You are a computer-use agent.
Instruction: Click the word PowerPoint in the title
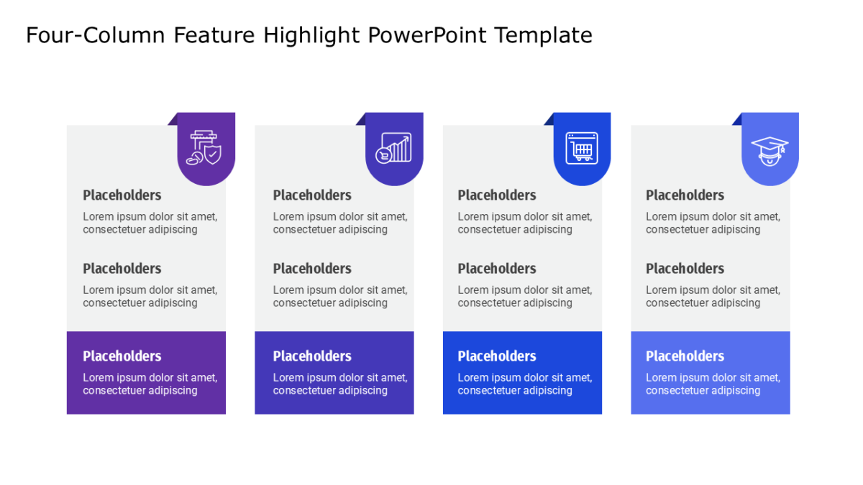coord(427,35)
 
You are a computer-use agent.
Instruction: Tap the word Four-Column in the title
coord(96,35)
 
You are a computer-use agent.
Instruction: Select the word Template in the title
coord(544,36)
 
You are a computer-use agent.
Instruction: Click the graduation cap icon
coord(770,152)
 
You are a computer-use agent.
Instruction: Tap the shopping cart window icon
coord(582,148)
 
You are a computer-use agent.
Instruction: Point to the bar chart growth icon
coord(394,148)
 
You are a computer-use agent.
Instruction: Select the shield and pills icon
coord(204,148)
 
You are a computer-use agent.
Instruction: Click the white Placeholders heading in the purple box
coord(122,356)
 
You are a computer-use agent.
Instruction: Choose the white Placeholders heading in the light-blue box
coord(685,356)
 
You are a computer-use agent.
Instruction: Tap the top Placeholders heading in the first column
coord(122,195)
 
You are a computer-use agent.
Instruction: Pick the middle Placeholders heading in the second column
coord(312,269)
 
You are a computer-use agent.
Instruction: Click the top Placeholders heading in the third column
coord(497,195)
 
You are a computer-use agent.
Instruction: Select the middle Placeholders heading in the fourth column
coord(685,269)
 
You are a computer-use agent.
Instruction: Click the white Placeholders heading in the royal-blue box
coord(497,356)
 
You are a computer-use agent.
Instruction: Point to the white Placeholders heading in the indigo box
coord(312,356)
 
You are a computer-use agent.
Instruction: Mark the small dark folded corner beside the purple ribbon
coord(174,121)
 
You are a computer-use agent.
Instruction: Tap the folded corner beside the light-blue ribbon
coord(738,121)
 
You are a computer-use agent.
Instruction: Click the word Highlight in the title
coord(311,36)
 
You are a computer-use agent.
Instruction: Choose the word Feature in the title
coord(214,35)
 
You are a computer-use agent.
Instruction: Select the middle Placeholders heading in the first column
coord(122,269)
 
